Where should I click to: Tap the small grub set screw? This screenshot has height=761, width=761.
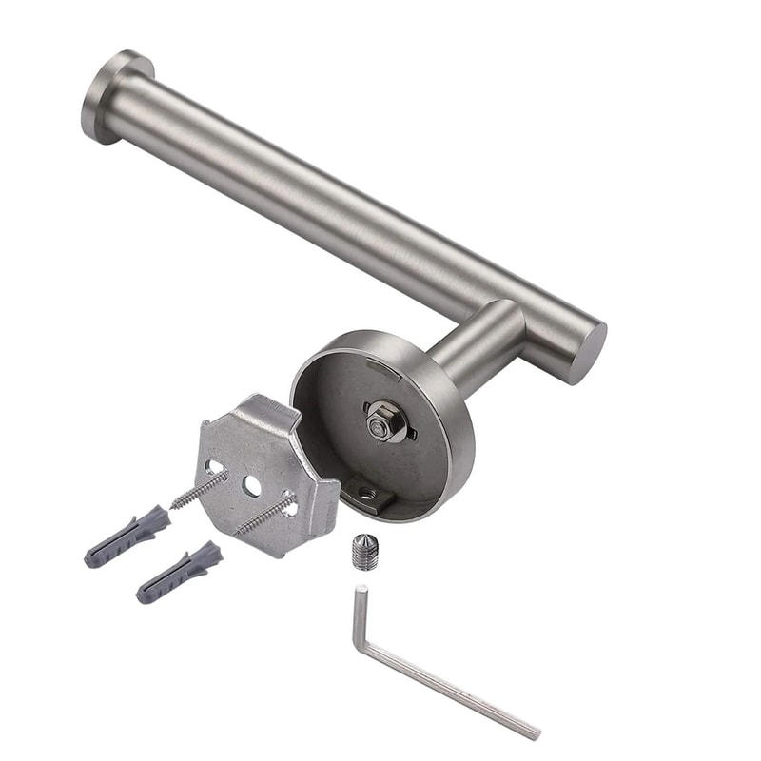[x=364, y=551]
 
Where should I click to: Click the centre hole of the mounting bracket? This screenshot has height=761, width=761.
[x=252, y=484]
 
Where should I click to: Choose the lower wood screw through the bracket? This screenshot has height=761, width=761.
[x=265, y=514]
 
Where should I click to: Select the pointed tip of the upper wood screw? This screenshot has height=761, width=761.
[x=174, y=504]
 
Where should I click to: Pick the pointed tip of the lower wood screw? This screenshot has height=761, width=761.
[x=238, y=530]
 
